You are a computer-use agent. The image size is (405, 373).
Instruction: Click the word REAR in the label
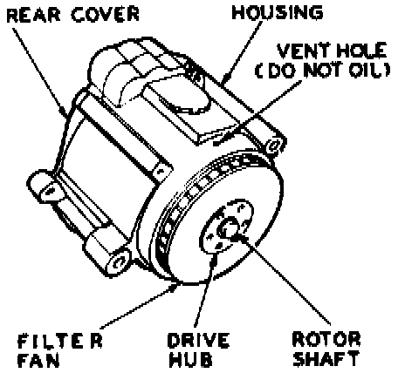[x=32, y=15]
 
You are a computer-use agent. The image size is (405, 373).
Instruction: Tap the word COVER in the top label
[x=105, y=15]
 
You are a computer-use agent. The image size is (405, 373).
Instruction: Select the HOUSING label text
[x=278, y=13]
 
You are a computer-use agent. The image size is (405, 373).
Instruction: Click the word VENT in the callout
[x=304, y=51]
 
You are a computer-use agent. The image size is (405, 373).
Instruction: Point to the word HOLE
[x=361, y=51]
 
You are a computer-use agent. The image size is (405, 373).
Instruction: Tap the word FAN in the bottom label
[x=38, y=360]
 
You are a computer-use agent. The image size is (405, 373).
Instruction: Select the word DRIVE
[x=198, y=341]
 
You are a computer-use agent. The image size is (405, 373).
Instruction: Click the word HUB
[x=191, y=360]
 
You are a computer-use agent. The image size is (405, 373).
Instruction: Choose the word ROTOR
[x=326, y=339]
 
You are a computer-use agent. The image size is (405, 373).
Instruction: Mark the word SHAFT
[x=326, y=358]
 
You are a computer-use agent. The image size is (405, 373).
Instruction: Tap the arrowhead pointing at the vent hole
[x=217, y=142]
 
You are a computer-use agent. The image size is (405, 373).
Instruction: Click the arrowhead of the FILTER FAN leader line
[x=174, y=287]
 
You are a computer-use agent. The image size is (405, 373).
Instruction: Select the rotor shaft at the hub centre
[x=229, y=227]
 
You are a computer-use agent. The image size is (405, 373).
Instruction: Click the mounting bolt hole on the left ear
[x=51, y=191]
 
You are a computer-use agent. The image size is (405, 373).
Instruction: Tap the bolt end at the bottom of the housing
[x=119, y=262]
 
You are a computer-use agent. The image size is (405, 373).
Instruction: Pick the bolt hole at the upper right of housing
[x=274, y=146]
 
